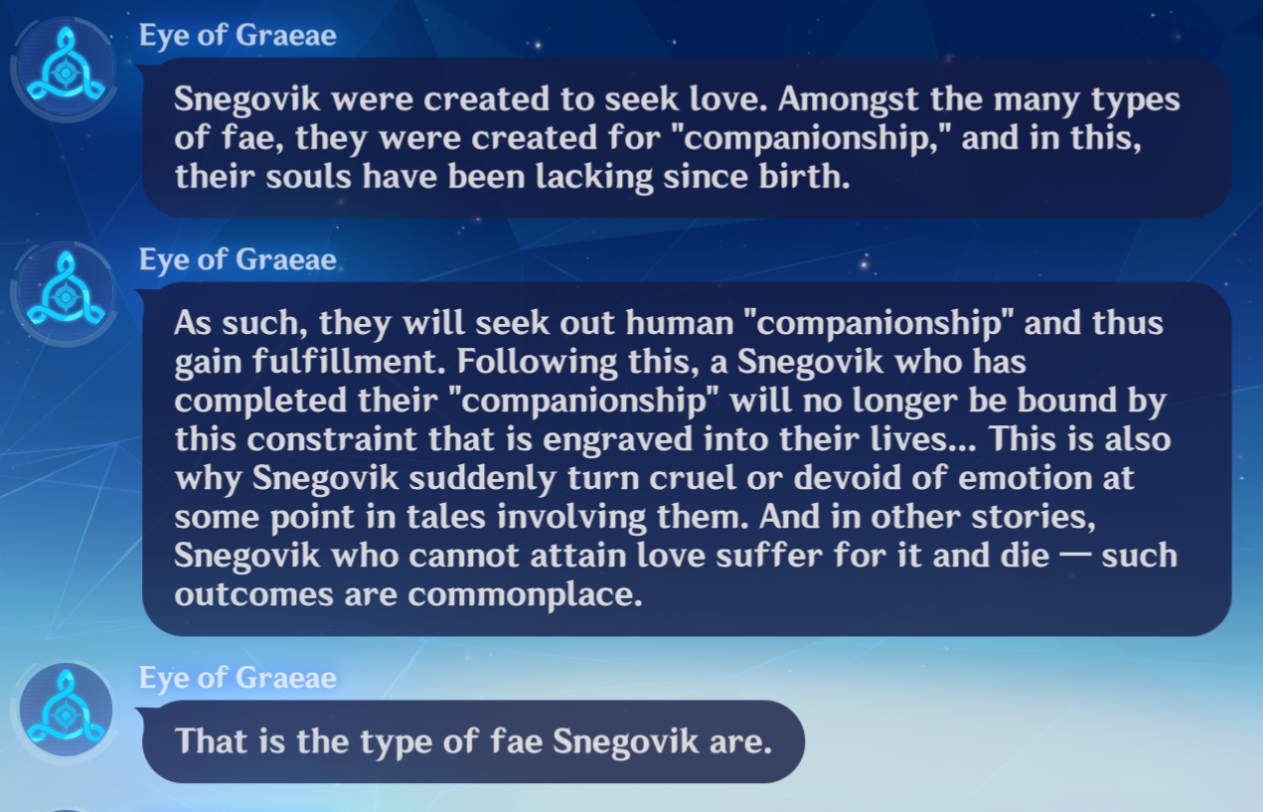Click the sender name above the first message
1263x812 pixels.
237,36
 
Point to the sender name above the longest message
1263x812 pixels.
237,260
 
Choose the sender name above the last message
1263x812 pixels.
237,679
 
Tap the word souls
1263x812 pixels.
308,176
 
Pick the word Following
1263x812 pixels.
537,363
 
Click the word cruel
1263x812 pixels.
693,478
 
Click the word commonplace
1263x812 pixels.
525,596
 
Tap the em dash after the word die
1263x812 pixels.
1075,556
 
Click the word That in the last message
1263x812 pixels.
212,740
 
